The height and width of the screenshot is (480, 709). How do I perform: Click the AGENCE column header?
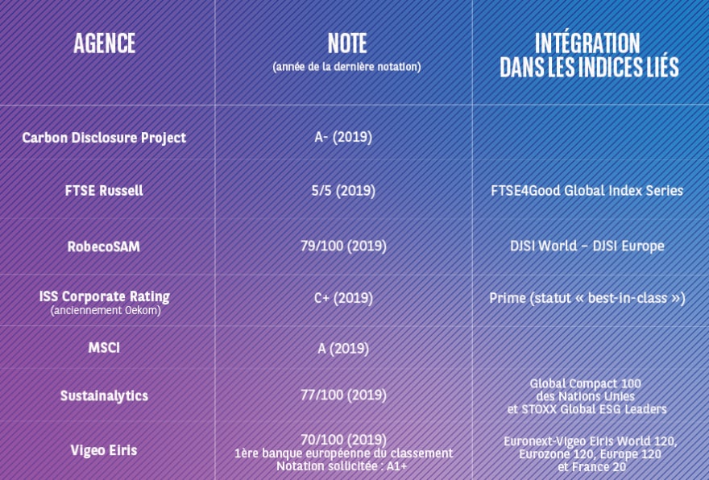105,43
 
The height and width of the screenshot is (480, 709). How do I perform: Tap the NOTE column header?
346,43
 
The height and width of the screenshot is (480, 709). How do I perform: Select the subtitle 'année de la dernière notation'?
346,67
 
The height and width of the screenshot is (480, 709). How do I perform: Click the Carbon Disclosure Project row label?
104,138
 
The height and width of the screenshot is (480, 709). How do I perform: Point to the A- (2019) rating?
343,137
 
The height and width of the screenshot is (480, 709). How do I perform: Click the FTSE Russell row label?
104,190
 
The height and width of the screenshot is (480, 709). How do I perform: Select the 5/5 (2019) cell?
343,190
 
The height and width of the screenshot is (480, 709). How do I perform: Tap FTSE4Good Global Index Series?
587,190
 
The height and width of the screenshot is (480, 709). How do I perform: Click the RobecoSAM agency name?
104,246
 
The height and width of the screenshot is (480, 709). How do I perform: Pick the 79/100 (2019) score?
344,246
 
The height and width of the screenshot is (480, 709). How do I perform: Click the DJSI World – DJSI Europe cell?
587,246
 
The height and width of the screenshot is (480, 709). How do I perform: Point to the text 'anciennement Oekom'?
106,311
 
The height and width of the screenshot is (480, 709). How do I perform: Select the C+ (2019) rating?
343,298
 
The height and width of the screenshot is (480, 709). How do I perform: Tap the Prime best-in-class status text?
587,298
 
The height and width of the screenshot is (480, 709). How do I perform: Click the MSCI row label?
104,348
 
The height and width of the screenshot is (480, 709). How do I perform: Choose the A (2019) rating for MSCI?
343,349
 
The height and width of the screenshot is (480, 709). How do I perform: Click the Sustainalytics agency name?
104,396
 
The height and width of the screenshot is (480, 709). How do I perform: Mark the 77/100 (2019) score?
344,395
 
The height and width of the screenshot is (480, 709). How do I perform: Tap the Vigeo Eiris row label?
104,450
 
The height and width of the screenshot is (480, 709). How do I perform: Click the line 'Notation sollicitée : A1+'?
342,466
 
